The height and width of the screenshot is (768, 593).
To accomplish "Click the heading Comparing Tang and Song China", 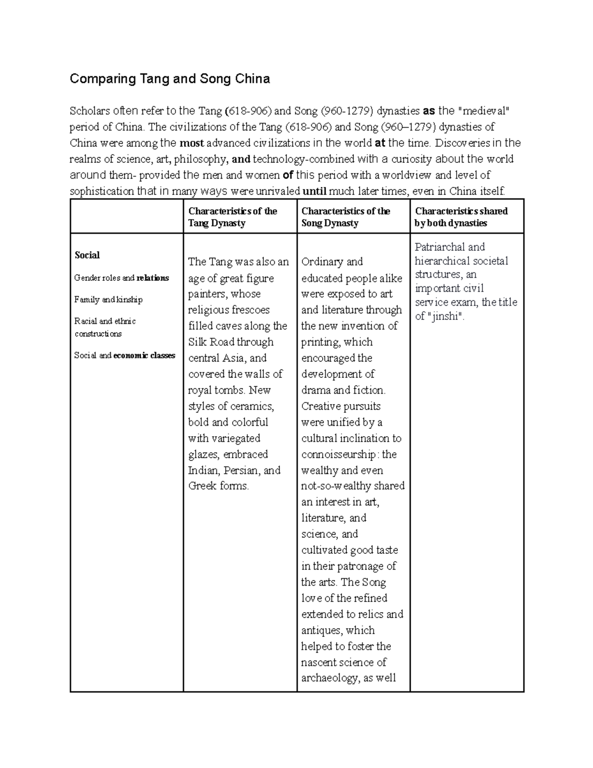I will point(169,79).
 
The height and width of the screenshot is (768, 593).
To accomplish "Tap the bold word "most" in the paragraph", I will point(191,143).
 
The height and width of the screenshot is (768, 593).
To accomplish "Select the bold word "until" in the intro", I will point(314,191).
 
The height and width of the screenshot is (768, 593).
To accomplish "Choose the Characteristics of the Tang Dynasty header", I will point(232,217).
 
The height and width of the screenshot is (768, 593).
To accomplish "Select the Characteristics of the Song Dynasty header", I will point(345,217).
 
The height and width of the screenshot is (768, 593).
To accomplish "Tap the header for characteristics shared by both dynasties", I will point(461,217).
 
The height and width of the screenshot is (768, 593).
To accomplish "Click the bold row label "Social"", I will point(87,255).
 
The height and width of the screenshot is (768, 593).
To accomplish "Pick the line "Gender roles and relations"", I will point(122,278).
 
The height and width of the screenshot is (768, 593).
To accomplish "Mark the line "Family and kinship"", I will point(108,300).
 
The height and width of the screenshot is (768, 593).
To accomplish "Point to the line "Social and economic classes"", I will point(125,356).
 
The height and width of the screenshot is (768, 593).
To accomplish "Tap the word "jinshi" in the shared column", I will point(444,316).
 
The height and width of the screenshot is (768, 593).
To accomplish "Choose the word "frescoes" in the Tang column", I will point(250,310).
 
